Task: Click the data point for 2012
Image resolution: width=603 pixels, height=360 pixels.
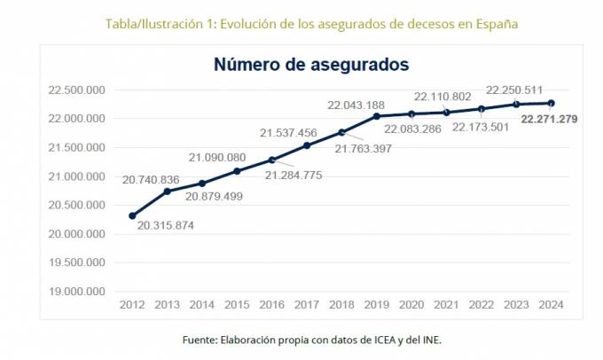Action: [132, 215]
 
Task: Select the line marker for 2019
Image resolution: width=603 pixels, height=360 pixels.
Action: [376, 116]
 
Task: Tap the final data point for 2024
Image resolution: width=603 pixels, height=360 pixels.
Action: [551, 103]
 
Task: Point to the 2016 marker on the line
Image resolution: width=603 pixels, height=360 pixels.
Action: [271, 160]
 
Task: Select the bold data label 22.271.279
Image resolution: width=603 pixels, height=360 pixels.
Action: [550, 119]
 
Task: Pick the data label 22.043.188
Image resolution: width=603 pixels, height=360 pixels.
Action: [356, 105]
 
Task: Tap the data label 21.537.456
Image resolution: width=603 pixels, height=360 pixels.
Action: [288, 133]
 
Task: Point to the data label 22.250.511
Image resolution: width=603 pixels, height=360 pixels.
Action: [514, 90]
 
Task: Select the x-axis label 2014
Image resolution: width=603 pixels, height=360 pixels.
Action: [202, 305]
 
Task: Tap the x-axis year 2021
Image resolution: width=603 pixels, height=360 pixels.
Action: [446, 305]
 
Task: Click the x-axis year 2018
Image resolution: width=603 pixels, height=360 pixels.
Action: [341, 305]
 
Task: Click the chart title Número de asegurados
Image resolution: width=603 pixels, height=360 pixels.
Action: [310, 65]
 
